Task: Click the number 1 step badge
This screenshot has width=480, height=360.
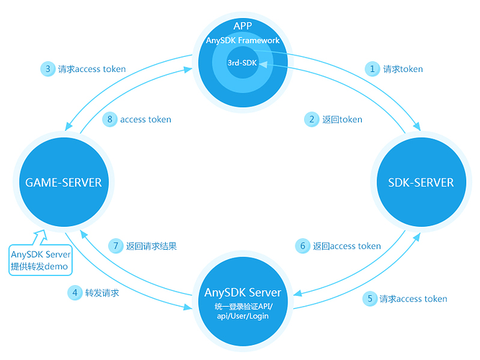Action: tap(373, 69)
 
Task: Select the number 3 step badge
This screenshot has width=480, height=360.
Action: tap(47, 69)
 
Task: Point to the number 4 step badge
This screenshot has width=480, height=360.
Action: tap(75, 293)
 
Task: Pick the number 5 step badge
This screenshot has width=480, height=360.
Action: tap(369, 299)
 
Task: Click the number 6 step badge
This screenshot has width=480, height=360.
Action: tap(303, 246)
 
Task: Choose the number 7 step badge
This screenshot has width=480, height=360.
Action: tap(115, 246)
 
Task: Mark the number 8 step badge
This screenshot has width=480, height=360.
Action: tap(110, 120)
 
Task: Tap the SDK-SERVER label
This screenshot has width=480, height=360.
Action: tap(420, 182)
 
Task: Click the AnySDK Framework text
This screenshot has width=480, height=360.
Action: tap(242, 40)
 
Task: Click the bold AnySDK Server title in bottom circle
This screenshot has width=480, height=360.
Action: tap(242, 292)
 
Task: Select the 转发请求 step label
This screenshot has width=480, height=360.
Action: tap(102, 293)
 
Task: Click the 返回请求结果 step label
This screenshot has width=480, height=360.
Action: tap(151, 246)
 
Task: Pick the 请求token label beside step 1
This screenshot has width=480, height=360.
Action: tap(403, 69)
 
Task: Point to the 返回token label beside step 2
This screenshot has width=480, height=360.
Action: tap(342, 120)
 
